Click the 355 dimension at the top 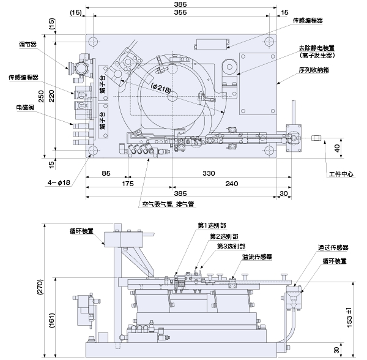180,12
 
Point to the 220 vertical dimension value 52,96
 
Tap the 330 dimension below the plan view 209,174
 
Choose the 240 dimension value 231,183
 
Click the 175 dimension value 127,183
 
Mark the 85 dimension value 106,174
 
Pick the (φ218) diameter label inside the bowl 161,88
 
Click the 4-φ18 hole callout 59,182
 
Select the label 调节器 27,45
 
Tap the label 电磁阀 25,107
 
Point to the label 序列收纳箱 314,70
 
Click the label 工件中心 341,174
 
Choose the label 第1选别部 211,226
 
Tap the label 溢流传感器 257,257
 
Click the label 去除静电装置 321,48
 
